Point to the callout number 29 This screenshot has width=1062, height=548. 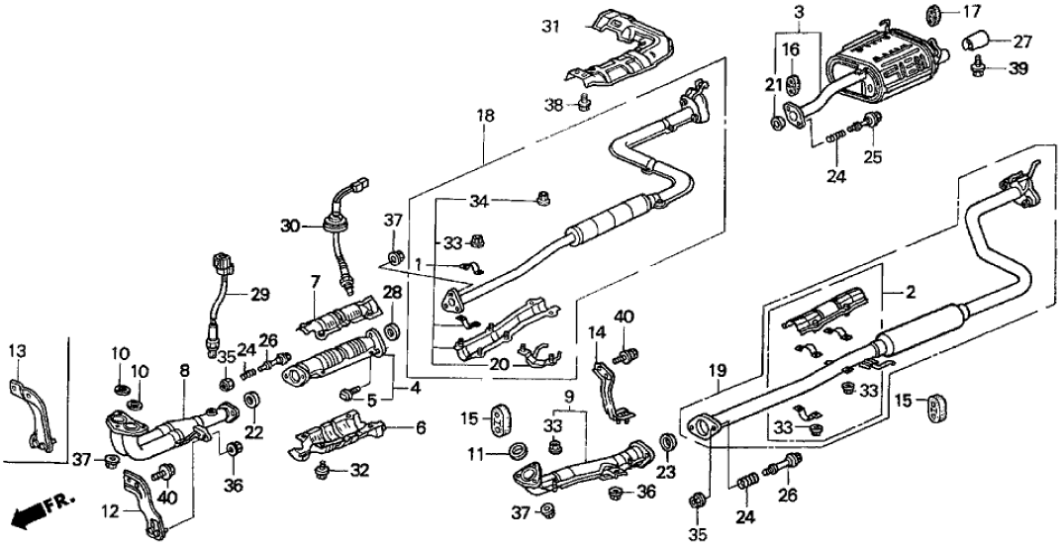tap(259, 295)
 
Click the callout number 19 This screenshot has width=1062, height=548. tap(718, 371)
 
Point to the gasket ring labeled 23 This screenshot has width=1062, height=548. tap(668, 439)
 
